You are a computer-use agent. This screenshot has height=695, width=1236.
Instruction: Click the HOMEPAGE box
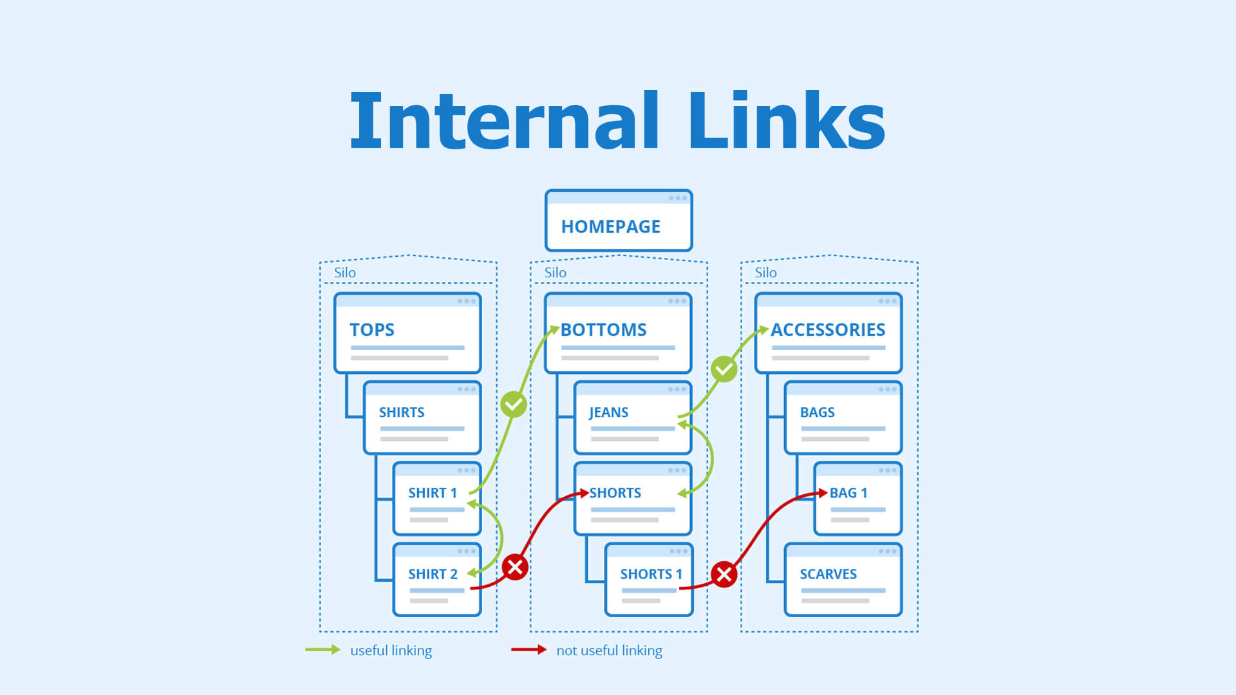(x=618, y=221)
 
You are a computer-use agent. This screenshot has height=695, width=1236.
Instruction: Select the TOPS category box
(x=407, y=333)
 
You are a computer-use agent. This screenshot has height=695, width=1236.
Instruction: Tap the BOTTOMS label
(x=603, y=329)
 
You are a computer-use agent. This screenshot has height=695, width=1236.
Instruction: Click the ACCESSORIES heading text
(x=828, y=329)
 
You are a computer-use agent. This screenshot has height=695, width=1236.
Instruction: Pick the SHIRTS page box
(x=422, y=418)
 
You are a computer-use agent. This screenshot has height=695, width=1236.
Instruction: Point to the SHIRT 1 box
(x=436, y=499)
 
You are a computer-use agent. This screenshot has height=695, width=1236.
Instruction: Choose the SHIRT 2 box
(x=436, y=580)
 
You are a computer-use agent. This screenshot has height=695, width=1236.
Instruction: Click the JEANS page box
(x=632, y=418)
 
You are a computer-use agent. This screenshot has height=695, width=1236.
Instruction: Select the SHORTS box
(x=632, y=499)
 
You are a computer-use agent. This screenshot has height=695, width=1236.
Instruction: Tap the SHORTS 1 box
(x=649, y=580)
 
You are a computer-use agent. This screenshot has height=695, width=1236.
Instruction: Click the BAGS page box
(x=843, y=418)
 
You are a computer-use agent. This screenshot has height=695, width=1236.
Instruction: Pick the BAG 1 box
(x=857, y=499)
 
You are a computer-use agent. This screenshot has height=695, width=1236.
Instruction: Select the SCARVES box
(x=843, y=580)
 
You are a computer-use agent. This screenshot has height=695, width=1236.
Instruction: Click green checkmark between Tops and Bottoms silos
(x=514, y=404)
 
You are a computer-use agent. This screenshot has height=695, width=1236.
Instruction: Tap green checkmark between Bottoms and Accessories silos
(x=724, y=369)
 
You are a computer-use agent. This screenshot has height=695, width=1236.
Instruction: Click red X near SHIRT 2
(x=515, y=567)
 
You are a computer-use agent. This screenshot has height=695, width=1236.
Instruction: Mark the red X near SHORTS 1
(x=724, y=574)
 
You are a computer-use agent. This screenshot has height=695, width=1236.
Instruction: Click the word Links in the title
(x=787, y=121)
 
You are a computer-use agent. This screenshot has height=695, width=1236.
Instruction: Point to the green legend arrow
(x=323, y=649)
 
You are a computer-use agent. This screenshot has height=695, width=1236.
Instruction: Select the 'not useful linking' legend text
(x=609, y=651)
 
